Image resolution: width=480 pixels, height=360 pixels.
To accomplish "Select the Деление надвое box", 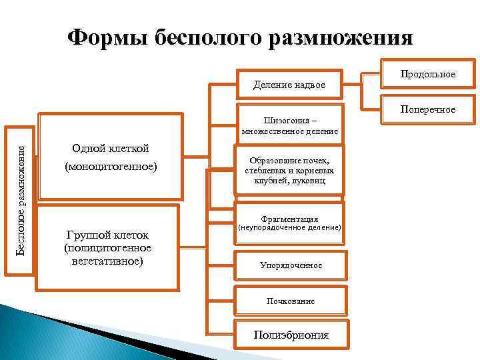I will [290, 85].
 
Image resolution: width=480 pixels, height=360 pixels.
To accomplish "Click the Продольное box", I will [427, 74].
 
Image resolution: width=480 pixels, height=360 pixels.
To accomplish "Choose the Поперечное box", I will [427, 109].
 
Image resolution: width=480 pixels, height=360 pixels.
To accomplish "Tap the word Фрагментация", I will [290, 219].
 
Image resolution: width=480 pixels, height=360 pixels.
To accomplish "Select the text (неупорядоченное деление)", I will [290, 228].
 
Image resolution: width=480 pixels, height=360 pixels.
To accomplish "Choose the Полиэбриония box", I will [291, 335].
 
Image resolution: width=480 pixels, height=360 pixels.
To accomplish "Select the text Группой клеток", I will [107, 235].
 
